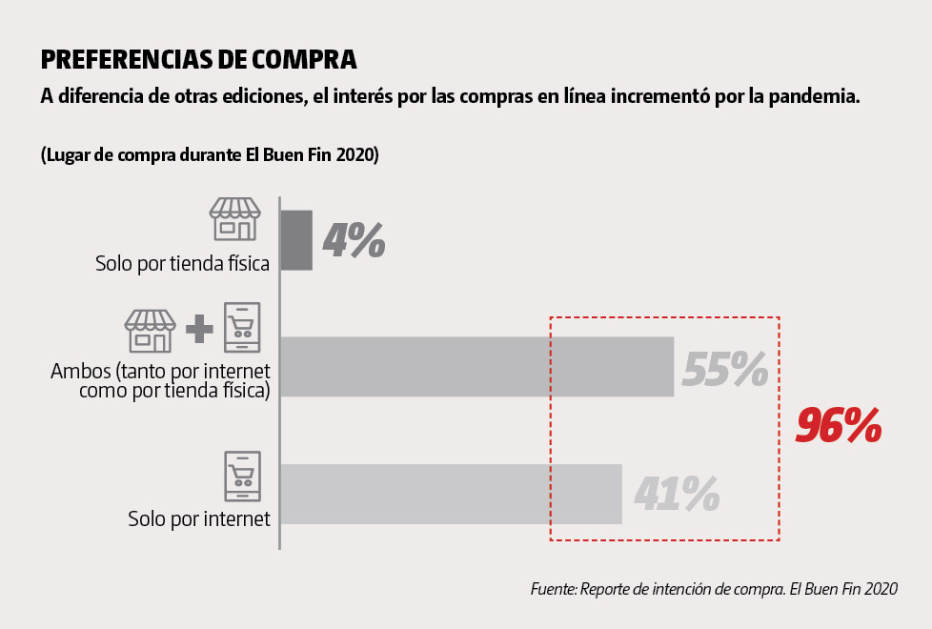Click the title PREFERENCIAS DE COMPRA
point(198,60)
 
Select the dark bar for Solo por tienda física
point(296,240)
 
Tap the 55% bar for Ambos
point(476,366)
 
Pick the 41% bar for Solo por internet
point(451,494)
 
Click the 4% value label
point(354,240)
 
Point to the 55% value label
point(725,370)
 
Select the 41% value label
point(676,494)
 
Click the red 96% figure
point(839,426)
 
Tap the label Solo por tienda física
point(182,263)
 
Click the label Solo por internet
point(199,519)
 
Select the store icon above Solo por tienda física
point(234,219)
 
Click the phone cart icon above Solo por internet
point(242,477)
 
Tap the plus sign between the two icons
point(199,330)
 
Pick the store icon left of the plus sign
point(151,330)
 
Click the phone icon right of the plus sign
point(242,327)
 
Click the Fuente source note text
point(714,589)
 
